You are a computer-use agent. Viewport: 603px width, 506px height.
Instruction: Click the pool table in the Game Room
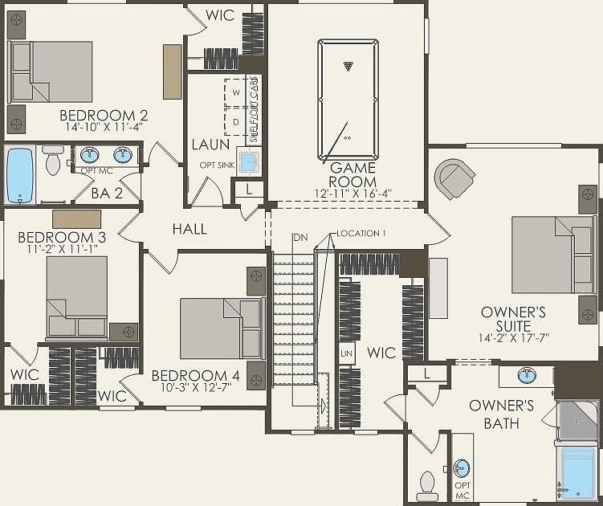(347, 100)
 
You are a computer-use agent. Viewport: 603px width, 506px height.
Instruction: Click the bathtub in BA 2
(18, 175)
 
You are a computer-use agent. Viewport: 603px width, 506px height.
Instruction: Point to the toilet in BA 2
(54, 161)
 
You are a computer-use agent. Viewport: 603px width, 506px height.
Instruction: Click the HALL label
(189, 230)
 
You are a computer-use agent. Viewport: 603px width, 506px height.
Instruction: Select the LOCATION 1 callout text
(361, 234)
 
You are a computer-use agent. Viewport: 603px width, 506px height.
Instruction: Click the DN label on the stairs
(300, 237)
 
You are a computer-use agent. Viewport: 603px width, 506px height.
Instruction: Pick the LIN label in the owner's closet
(347, 353)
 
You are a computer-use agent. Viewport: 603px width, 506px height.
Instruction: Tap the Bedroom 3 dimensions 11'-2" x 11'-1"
(62, 250)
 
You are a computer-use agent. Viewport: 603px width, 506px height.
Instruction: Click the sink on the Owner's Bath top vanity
(526, 375)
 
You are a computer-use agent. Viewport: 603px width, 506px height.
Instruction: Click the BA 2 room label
(106, 193)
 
